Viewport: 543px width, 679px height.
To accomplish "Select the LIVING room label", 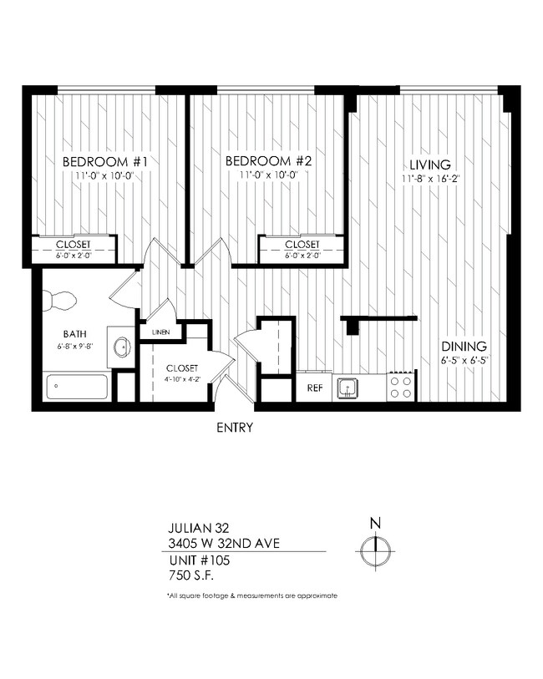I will pos(430,165).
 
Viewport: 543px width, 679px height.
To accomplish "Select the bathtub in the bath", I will pos(77,387).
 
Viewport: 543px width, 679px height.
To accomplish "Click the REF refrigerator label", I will pos(315,388).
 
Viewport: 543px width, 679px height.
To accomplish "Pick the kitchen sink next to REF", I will pos(347,388).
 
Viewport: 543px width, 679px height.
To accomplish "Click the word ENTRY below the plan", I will pos(235,428).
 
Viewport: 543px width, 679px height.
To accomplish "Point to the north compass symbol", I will pos(375,550).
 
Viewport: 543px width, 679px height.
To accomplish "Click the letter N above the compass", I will pos(375,524).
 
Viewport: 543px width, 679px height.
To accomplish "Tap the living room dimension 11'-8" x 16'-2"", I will pos(430,178).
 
